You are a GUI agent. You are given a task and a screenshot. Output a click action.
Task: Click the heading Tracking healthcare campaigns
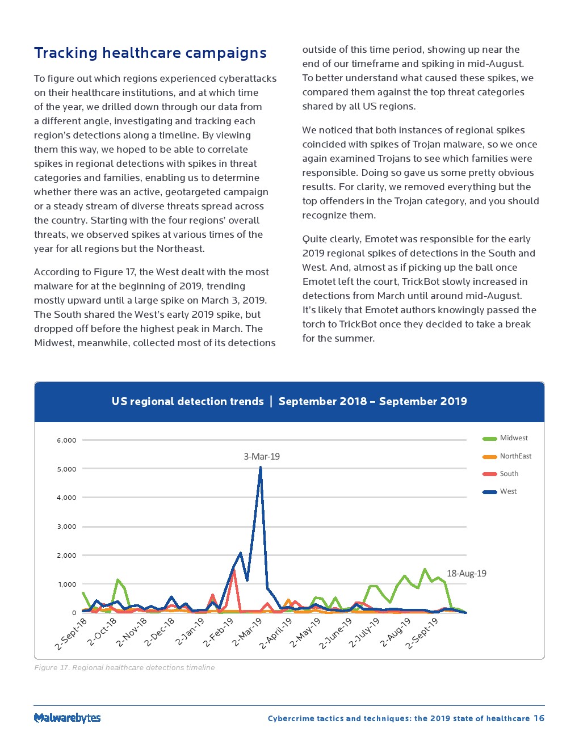[150, 53]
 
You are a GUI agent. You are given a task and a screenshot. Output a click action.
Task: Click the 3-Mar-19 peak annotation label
[262, 456]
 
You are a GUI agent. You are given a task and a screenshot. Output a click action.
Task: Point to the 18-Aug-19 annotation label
[466, 573]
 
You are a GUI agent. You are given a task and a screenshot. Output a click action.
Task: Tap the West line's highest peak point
[261, 468]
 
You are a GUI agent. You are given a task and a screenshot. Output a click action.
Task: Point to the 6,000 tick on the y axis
[66, 440]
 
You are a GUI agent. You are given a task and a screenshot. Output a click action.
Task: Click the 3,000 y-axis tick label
[66, 527]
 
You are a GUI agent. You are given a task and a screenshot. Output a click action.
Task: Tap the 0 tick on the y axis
[74, 613]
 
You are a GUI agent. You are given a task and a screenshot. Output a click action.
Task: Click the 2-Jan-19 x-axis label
[190, 632]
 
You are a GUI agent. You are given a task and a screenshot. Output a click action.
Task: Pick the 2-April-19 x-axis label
[276, 633]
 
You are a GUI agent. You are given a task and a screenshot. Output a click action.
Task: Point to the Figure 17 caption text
[124, 667]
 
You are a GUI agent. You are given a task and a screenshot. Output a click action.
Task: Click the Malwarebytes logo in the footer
[67, 718]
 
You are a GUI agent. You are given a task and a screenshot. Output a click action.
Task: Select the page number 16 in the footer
[539, 718]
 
